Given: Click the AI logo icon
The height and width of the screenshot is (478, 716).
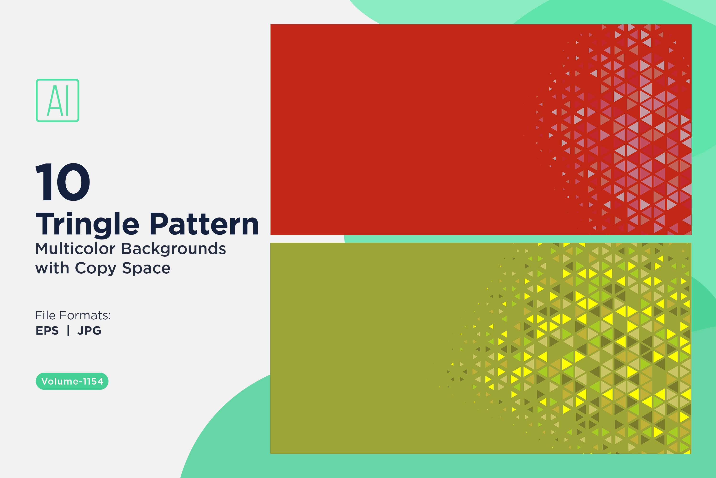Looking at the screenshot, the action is tap(58, 100).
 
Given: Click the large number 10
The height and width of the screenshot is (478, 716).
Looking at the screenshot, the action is tap(63, 182).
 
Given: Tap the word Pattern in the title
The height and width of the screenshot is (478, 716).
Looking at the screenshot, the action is tap(204, 224).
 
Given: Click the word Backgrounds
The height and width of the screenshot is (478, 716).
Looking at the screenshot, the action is tap(174, 249).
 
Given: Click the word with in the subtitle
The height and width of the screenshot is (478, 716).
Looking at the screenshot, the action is tap(52, 268).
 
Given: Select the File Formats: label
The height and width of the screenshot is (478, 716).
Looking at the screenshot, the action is tap(73, 315).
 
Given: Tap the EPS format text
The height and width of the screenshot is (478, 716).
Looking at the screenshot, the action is tap(47, 331).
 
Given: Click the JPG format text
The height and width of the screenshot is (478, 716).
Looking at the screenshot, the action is tap(89, 331).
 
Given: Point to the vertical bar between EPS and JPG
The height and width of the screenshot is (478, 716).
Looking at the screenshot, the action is tap(68, 331).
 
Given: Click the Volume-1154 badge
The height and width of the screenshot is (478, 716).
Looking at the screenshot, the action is tap(72, 381).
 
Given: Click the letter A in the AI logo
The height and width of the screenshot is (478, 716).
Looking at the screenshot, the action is tap(54, 100).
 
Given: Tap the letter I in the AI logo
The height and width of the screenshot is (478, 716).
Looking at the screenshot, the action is tap(67, 100).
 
